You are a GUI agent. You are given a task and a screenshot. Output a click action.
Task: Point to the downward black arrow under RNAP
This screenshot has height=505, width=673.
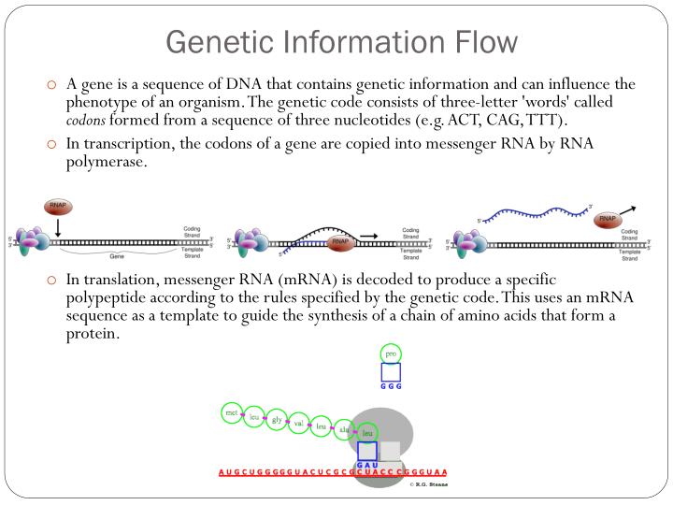[x=58, y=227]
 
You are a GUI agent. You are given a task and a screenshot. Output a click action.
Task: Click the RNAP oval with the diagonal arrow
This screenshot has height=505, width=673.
[x=609, y=220]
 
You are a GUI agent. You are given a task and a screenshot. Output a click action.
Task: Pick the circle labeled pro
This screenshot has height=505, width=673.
[x=391, y=353]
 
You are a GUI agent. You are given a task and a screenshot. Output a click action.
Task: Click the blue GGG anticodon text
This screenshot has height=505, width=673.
[x=391, y=386]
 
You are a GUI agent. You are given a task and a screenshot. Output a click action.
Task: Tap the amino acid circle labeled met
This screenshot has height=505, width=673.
[x=231, y=411]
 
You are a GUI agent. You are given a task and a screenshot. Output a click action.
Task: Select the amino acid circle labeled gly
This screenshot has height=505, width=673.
[x=277, y=420]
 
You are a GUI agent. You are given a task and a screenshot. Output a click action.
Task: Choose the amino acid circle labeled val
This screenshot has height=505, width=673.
[x=299, y=424]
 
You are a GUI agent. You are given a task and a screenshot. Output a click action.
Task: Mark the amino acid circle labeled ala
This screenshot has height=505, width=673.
[x=344, y=429]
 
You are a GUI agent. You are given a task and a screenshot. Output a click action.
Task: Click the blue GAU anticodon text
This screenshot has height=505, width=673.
[x=366, y=464]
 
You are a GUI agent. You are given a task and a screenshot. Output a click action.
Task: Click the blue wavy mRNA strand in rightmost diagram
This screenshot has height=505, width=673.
[x=533, y=216]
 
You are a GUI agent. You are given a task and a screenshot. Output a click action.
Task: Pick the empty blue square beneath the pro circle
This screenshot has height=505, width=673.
[x=391, y=372]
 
